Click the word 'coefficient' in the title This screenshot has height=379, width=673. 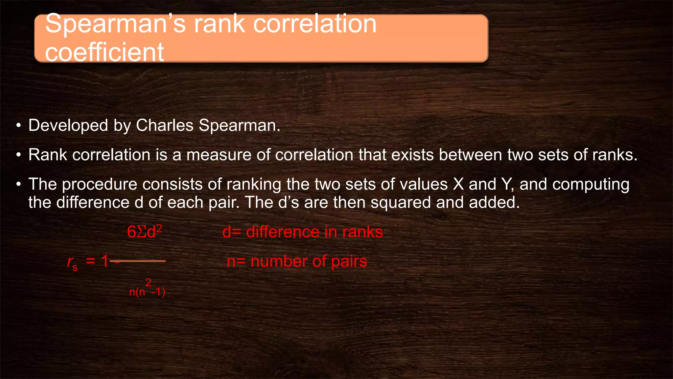click(104, 52)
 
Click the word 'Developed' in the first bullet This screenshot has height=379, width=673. click(68, 125)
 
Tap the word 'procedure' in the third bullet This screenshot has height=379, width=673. click(100, 184)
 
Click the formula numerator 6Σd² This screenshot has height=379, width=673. click(145, 232)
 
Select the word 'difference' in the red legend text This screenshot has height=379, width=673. click(283, 232)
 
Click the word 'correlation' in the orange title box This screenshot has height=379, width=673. click(315, 24)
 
